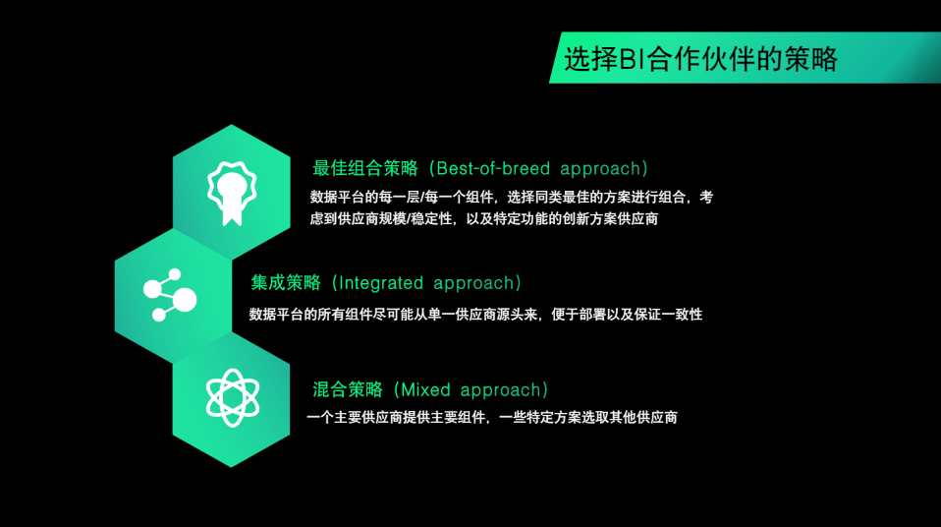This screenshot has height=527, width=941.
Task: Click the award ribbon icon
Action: click(x=232, y=194)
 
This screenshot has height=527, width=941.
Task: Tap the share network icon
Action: click(x=170, y=295)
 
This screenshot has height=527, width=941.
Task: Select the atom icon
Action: click(x=232, y=398)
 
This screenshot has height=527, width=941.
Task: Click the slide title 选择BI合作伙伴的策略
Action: click(x=700, y=59)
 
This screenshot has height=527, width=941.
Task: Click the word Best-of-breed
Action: click(x=493, y=168)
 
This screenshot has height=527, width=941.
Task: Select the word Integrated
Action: click(x=381, y=283)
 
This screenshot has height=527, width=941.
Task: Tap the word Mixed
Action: click(x=425, y=390)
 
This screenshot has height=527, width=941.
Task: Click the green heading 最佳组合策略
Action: click(x=364, y=168)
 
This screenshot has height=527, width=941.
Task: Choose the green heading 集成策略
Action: click(x=286, y=283)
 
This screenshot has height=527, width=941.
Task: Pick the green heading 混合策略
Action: click(x=348, y=390)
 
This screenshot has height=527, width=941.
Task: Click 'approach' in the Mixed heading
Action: click(x=501, y=390)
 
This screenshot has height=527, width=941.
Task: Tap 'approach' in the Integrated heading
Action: click(x=473, y=283)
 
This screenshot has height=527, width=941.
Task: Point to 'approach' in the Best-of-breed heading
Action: click(x=600, y=169)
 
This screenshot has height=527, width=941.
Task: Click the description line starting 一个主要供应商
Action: click(x=492, y=418)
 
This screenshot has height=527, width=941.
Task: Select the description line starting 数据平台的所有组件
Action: click(x=475, y=315)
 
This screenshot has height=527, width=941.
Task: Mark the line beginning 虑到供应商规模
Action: click(x=483, y=218)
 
